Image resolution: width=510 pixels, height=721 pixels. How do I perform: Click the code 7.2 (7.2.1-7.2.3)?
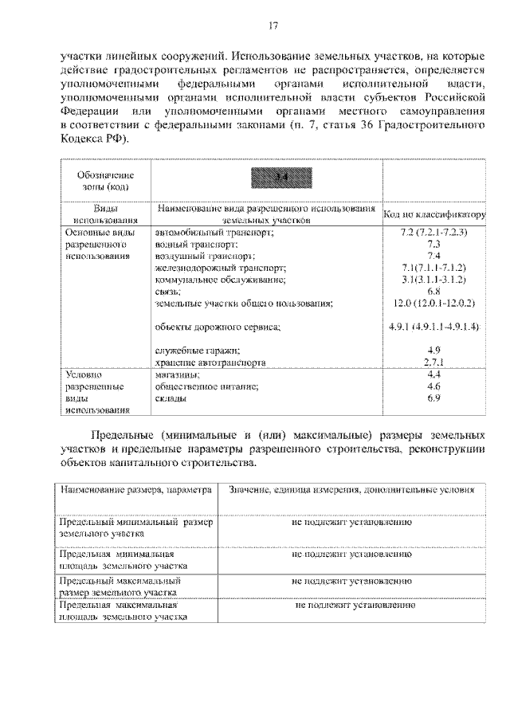[x=434, y=233]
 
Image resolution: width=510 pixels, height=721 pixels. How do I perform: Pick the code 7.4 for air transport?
[x=434, y=257]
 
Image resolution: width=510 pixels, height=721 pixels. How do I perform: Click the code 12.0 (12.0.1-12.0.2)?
[x=434, y=304]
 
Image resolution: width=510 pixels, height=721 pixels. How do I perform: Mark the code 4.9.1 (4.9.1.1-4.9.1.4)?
[x=434, y=327]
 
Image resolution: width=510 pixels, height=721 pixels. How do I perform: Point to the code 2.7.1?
[x=434, y=362]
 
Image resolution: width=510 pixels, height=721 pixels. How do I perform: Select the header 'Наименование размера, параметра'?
[x=135, y=489]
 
